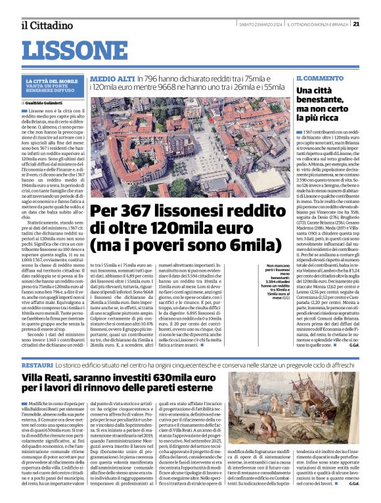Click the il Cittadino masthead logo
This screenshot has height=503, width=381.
[46, 25]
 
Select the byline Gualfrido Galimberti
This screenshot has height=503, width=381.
[48, 103]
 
